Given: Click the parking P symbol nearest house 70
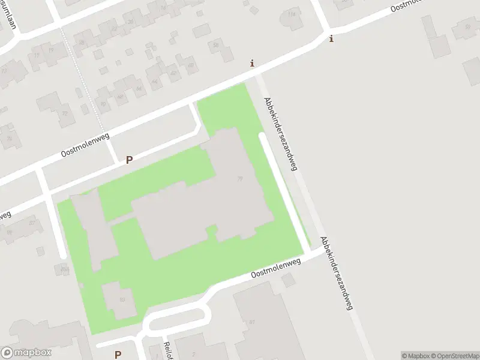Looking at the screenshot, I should pos(128,160).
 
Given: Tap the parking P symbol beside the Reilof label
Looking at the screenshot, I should pos(118,354).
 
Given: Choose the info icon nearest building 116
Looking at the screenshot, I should pos(331,38).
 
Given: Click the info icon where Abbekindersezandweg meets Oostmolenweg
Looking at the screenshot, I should pos(252,63).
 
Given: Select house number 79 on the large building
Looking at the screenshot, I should pos(240,178).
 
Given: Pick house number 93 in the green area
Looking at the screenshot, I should pos(122,299).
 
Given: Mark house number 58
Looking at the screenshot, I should pos(215,45).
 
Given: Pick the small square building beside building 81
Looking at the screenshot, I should pos(289,280).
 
